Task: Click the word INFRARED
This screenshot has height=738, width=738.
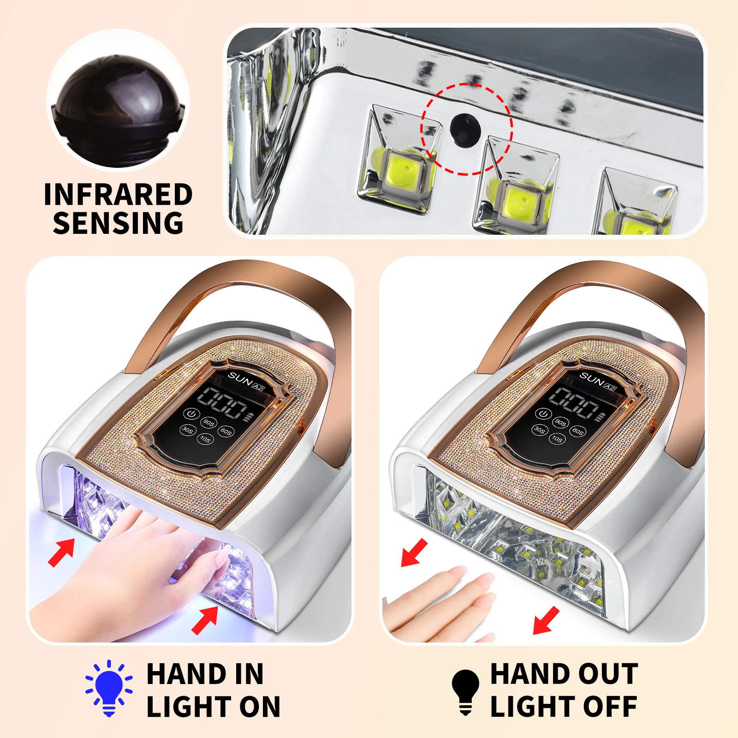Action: click(118, 195)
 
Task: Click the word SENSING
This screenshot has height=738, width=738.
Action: click(118, 223)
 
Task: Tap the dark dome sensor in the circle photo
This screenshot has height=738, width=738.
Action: click(118, 101)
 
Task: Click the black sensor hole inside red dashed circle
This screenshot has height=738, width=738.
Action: click(465, 130)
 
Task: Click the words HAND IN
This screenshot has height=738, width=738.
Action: click(205, 674)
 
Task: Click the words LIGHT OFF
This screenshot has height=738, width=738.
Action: click(564, 707)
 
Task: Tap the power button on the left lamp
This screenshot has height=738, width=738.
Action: click(191, 413)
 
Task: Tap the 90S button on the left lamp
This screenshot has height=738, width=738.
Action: click(209, 422)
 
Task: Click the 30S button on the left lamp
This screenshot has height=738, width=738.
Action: click(187, 430)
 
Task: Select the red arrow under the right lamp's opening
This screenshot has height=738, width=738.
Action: click(546, 620)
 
